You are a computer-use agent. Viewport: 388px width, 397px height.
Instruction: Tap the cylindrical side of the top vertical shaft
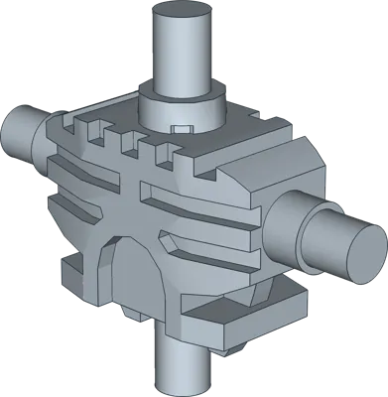click(184, 50)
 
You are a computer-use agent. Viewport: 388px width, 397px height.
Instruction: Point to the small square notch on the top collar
click(182, 129)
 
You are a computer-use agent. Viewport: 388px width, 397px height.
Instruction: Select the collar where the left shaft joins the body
click(46, 139)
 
